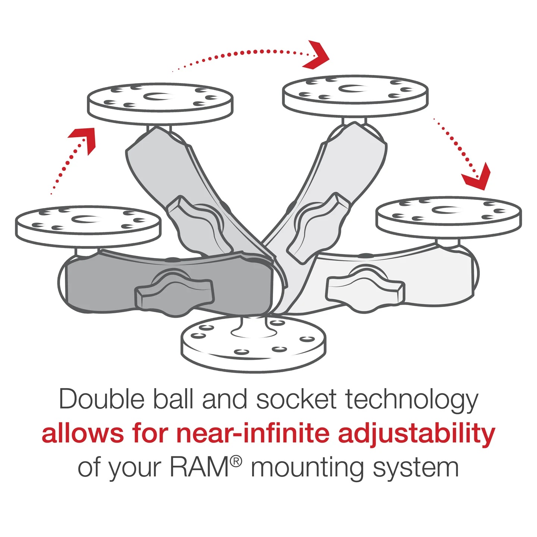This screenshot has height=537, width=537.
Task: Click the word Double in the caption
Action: tap(101, 399)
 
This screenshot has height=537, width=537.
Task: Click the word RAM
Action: tap(199, 467)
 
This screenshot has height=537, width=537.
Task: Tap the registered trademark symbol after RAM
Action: tap(236, 462)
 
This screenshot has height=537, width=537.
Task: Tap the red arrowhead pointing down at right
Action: tap(477, 176)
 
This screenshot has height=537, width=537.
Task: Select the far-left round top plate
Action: tap(88, 225)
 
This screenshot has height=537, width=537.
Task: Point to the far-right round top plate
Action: tap(449, 217)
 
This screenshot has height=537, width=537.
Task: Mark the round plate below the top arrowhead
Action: tap(355, 95)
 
